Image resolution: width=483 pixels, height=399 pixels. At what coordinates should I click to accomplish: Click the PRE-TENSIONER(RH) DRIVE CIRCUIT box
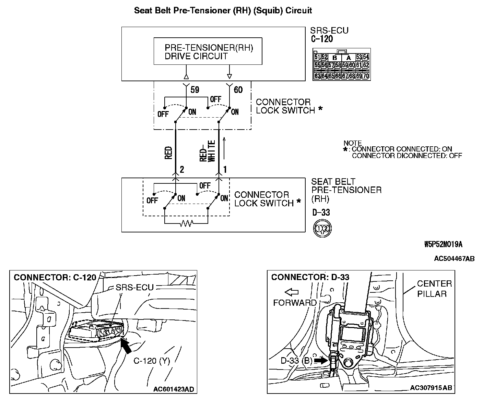[208, 52]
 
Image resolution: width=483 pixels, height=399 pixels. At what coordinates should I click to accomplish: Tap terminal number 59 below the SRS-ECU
[195, 90]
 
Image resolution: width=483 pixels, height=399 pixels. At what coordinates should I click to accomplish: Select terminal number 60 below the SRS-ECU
[238, 90]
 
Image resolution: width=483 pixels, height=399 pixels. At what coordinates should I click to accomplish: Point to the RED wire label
[168, 153]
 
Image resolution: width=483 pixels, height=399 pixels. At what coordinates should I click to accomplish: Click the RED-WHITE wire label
[208, 151]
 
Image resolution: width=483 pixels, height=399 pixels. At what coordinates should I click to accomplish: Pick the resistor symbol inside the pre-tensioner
[186, 224]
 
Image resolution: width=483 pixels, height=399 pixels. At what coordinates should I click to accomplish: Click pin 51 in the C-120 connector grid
[317, 57]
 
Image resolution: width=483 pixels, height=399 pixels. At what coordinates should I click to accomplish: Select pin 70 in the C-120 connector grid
[366, 76]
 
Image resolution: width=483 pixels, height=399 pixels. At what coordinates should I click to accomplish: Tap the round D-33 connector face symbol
[322, 228]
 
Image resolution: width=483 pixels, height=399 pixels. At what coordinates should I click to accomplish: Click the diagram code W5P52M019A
[443, 244]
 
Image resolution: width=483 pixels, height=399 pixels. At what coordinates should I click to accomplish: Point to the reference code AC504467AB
[454, 259]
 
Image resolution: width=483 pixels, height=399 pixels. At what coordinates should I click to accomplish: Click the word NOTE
[353, 143]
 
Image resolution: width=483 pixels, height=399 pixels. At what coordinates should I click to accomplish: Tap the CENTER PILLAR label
[434, 289]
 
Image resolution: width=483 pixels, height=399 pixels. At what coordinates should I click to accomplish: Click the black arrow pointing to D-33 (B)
[321, 361]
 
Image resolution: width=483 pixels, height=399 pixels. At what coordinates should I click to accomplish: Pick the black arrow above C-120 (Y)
[127, 347]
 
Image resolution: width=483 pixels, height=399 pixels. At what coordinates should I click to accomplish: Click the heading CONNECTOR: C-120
[55, 277]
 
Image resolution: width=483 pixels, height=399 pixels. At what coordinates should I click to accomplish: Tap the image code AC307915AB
[431, 388]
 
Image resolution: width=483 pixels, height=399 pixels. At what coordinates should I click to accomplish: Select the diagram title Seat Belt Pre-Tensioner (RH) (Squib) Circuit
[223, 10]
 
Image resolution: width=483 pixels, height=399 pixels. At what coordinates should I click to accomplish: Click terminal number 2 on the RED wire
[182, 169]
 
